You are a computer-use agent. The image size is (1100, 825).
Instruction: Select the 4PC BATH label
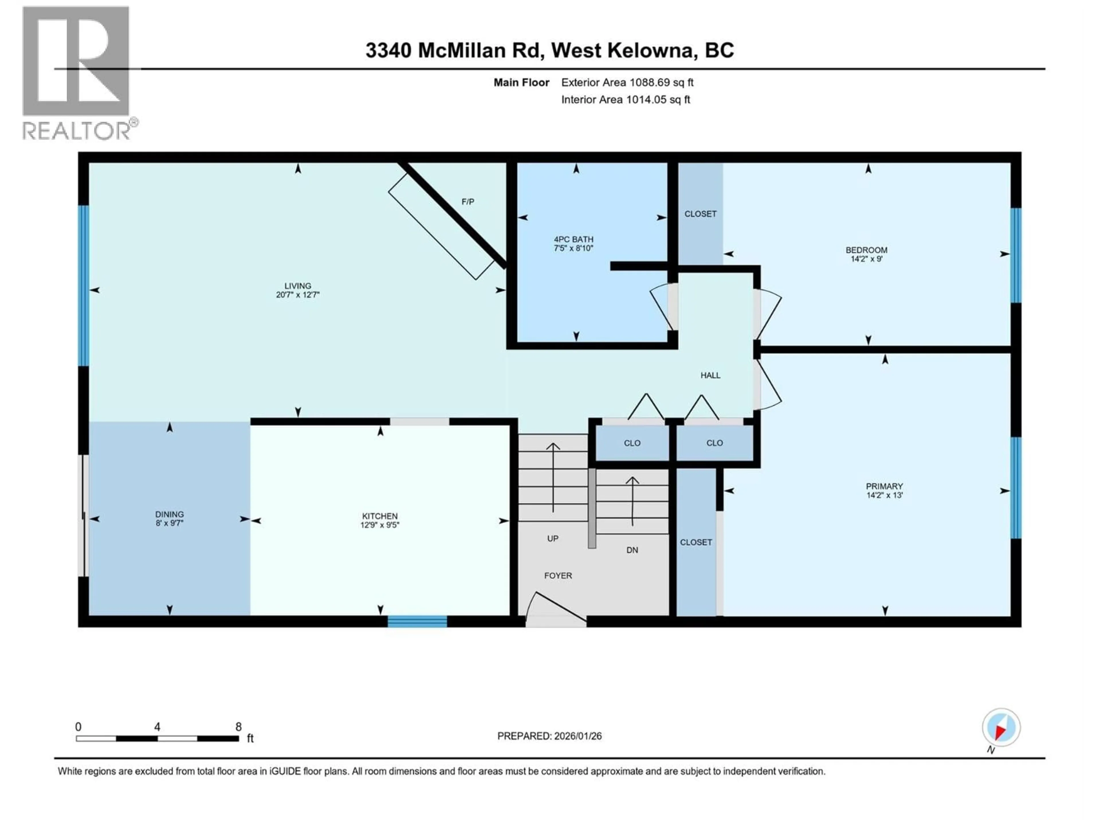pyautogui.click(x=573, y=239)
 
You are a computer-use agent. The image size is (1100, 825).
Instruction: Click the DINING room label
pyautogui.click(x=170, y=514)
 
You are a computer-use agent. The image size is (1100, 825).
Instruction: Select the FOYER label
pyautogui.click(x=558, y=576)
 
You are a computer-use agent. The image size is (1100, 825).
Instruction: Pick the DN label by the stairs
pyautogui.click(x=632, y=550)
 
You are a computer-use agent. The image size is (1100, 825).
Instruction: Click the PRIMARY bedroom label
pyautogui.click(x=884, y=486)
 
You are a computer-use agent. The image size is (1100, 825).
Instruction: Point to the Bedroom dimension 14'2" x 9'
pyautogui.click(x=866, y=259)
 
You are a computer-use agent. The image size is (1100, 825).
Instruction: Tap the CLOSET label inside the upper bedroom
pyautogui.click(x=700, y=214)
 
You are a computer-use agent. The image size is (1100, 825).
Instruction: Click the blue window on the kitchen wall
pyautogui.click(x=417, y=621)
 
